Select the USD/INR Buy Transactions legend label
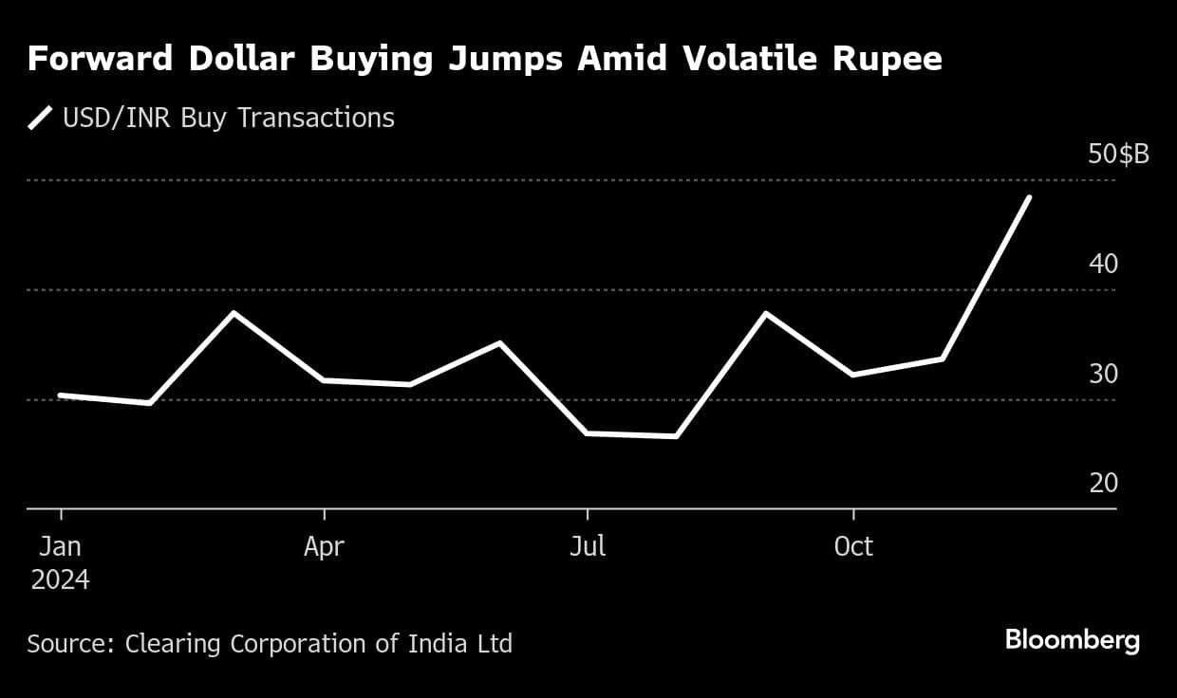coord(228,119)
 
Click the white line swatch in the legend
coord(40,119)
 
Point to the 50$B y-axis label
coord(1118,155)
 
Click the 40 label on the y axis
coord(1103,264)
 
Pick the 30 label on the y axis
coord(1103,374)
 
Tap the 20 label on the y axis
coord(1103,484)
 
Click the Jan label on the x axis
coord(61,547)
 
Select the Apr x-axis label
coord(325,547)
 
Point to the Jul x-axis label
coord(588,547)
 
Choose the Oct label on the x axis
coord(853,547)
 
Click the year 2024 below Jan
coord(61,579)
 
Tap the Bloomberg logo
coord(1072,640)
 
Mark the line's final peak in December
coord(1029,197)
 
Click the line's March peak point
coord(234,313)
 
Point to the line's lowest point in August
coord(676,436)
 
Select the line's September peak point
coord(765,313)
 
